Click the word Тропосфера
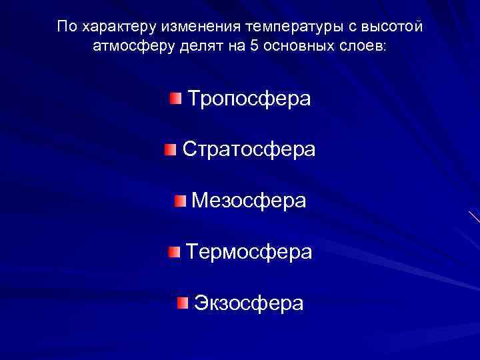(249, 99)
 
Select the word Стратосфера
(249, 149)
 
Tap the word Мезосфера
(249, 201)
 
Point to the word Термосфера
(249, 251)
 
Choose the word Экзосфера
(249, 303)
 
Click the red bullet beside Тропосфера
(175, 99)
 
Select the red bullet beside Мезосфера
(181, 201)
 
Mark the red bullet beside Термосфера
(174, 251)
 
